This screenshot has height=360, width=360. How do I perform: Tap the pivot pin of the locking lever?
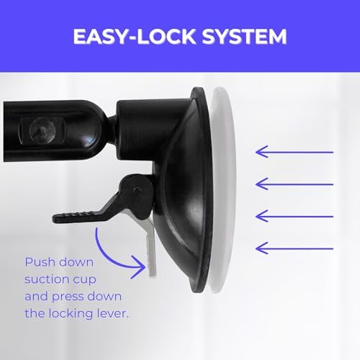point(137,190)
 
